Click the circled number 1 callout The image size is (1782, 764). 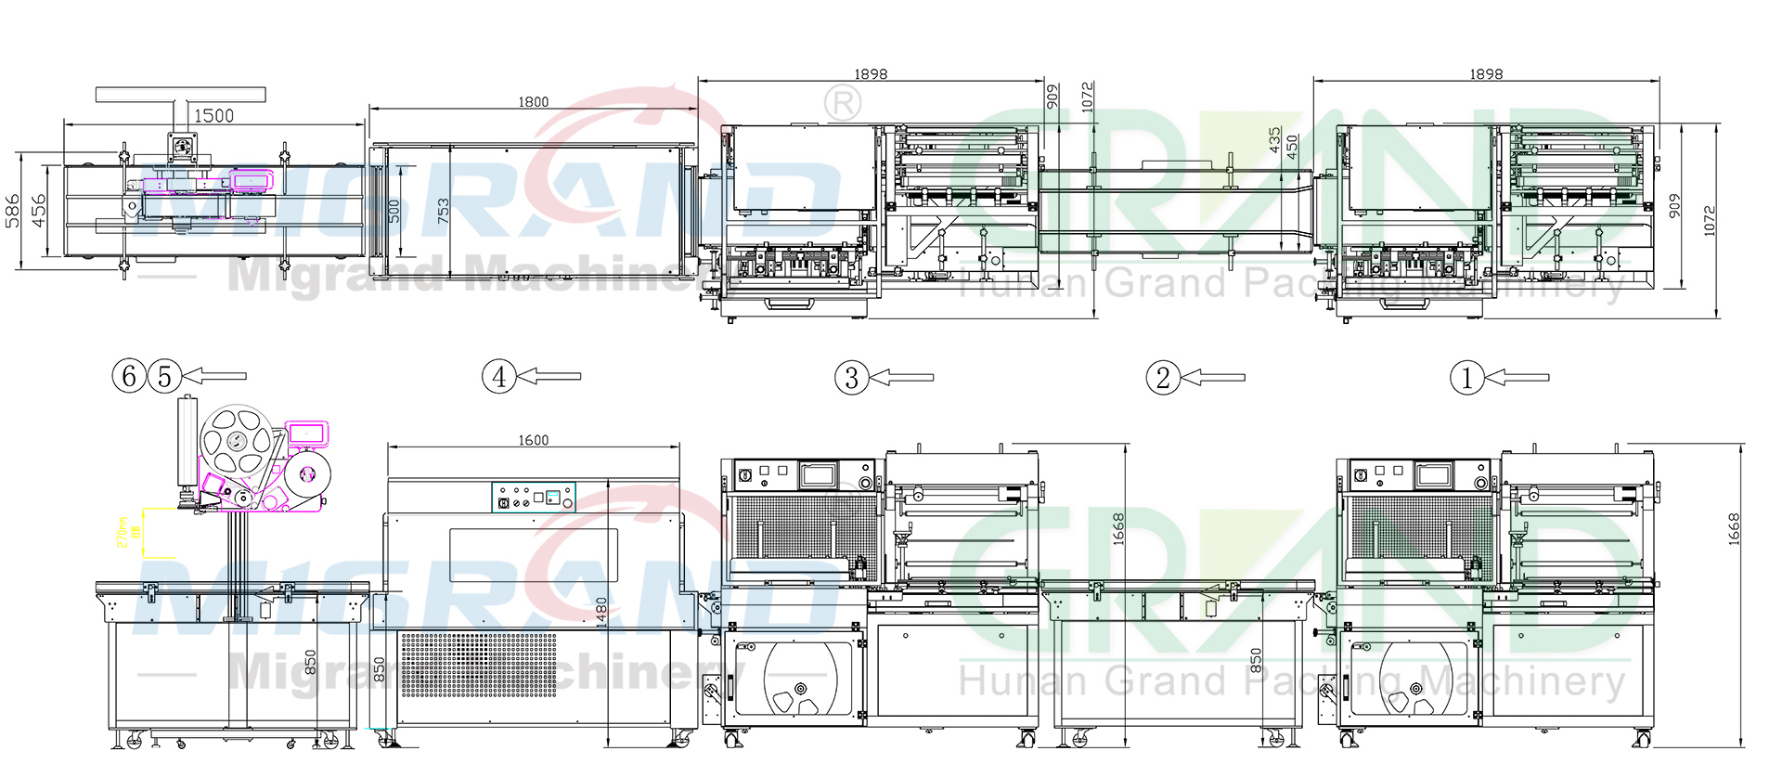1466,378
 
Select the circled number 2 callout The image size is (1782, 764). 1163,378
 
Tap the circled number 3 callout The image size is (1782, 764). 851,378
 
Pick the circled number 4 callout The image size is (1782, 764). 498,377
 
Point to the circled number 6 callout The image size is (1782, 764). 129,376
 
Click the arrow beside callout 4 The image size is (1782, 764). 549,376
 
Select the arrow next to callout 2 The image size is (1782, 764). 1213,378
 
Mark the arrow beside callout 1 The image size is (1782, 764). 1517,378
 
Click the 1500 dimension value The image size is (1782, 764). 213,116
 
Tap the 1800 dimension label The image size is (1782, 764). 533,102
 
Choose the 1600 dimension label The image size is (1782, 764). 533,440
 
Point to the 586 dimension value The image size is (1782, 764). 13,211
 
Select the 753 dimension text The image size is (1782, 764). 443,210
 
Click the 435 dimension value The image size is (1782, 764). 1275,140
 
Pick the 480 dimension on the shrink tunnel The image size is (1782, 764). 601,610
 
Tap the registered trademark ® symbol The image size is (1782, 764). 842,103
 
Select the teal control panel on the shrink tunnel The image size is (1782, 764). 533,498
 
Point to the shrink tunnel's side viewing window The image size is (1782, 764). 534,555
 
